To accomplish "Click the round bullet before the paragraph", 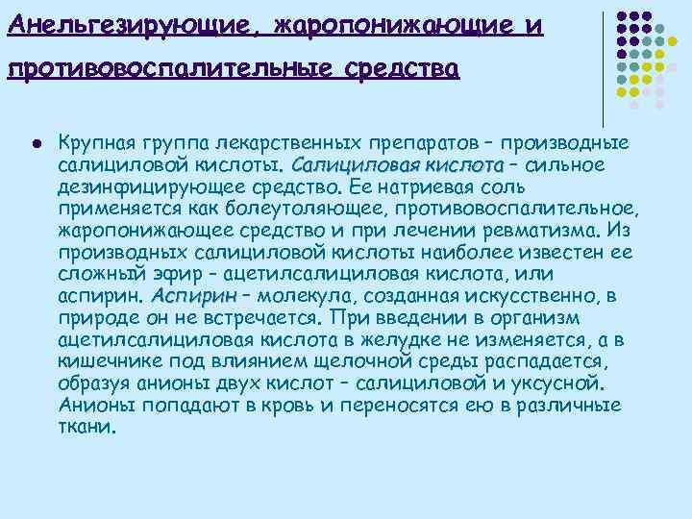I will [x=36, y=142].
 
